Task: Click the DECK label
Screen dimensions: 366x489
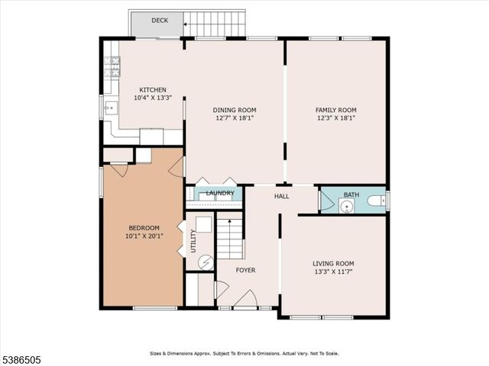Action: coord(160,21)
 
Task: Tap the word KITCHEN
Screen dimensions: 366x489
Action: coord(152,90)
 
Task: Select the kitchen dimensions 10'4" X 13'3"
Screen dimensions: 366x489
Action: coord(152,98)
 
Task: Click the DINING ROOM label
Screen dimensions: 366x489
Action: coord(235,110)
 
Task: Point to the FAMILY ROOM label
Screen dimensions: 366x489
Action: coord(336,110)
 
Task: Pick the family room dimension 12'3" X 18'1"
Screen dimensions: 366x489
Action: coord(336,118)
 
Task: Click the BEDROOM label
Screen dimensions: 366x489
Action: coord(144,228)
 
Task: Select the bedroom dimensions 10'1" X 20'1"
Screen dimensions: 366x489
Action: coord(144,236)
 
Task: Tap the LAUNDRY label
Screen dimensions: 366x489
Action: coord(219,194)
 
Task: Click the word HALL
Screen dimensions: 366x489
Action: coord(282,197)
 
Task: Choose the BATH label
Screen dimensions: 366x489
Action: coord(351,195)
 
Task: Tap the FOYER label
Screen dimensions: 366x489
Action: coord(245,271)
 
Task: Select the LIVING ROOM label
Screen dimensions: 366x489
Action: coord(333,263)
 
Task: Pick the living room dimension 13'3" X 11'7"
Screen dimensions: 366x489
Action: coord(333,271)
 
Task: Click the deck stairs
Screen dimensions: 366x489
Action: coord(216,24)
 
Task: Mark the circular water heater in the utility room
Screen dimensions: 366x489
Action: coord(206,262)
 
